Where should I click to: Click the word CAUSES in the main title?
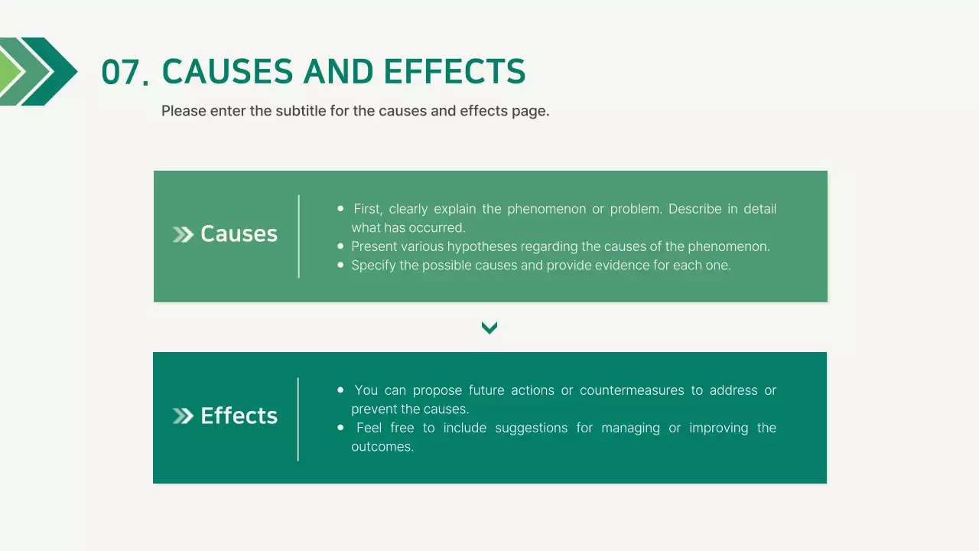(227, 72)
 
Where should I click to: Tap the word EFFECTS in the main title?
(454, 72)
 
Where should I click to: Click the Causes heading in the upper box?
(239, 234)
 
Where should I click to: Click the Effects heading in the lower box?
(239, 416)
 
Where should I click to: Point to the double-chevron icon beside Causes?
(183, 235)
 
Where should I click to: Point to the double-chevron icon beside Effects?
(183, 416)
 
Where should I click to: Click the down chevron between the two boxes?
(489, 328)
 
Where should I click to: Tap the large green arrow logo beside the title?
(38, 71)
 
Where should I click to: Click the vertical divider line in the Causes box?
(299, 236)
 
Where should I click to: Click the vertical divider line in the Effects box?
(298, 419)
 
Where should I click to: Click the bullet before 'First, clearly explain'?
(340, 208)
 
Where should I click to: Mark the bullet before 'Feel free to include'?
(340, 427)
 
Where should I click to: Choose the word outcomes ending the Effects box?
(381, 447)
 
